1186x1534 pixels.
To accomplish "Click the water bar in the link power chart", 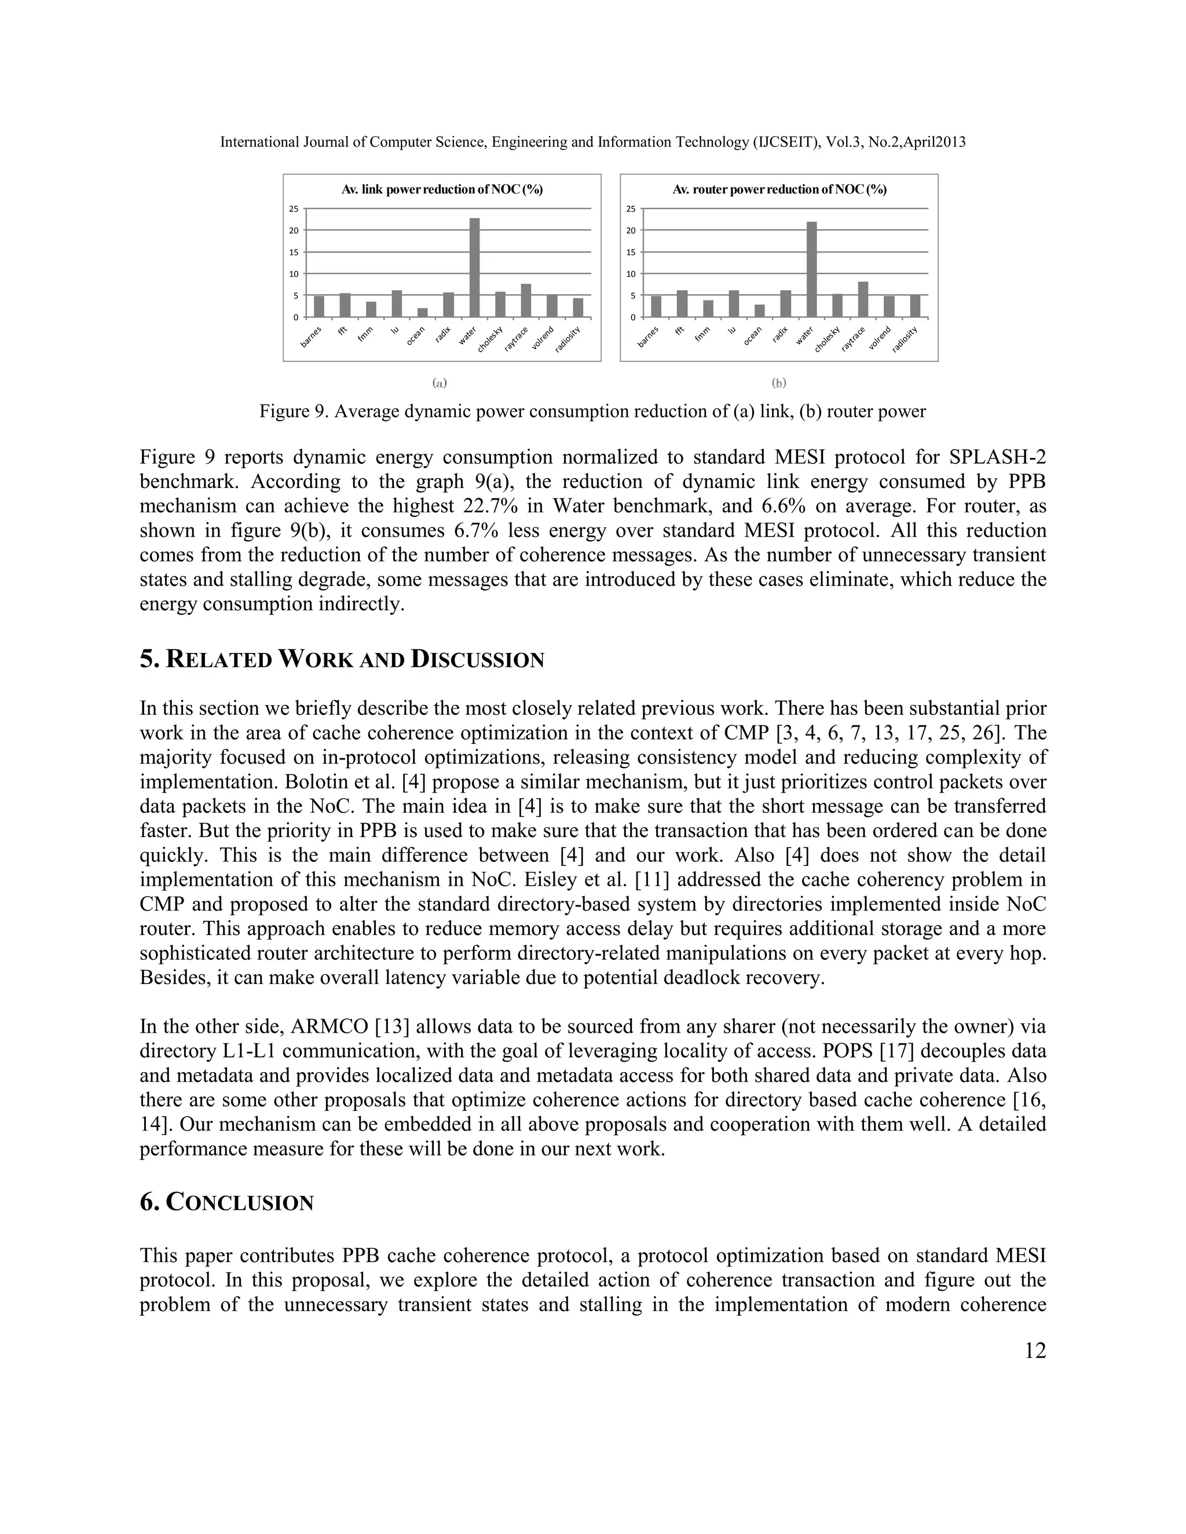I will tap(475, 267).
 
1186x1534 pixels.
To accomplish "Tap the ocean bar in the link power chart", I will tap(422, 313).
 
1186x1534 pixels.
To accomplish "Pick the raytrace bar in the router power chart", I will tap(863, 299).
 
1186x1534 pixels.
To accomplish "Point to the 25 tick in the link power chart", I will tap(294, 208).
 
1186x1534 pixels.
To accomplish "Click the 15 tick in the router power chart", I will tap(630, 252).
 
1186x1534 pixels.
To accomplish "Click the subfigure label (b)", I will tap(778, 383).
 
